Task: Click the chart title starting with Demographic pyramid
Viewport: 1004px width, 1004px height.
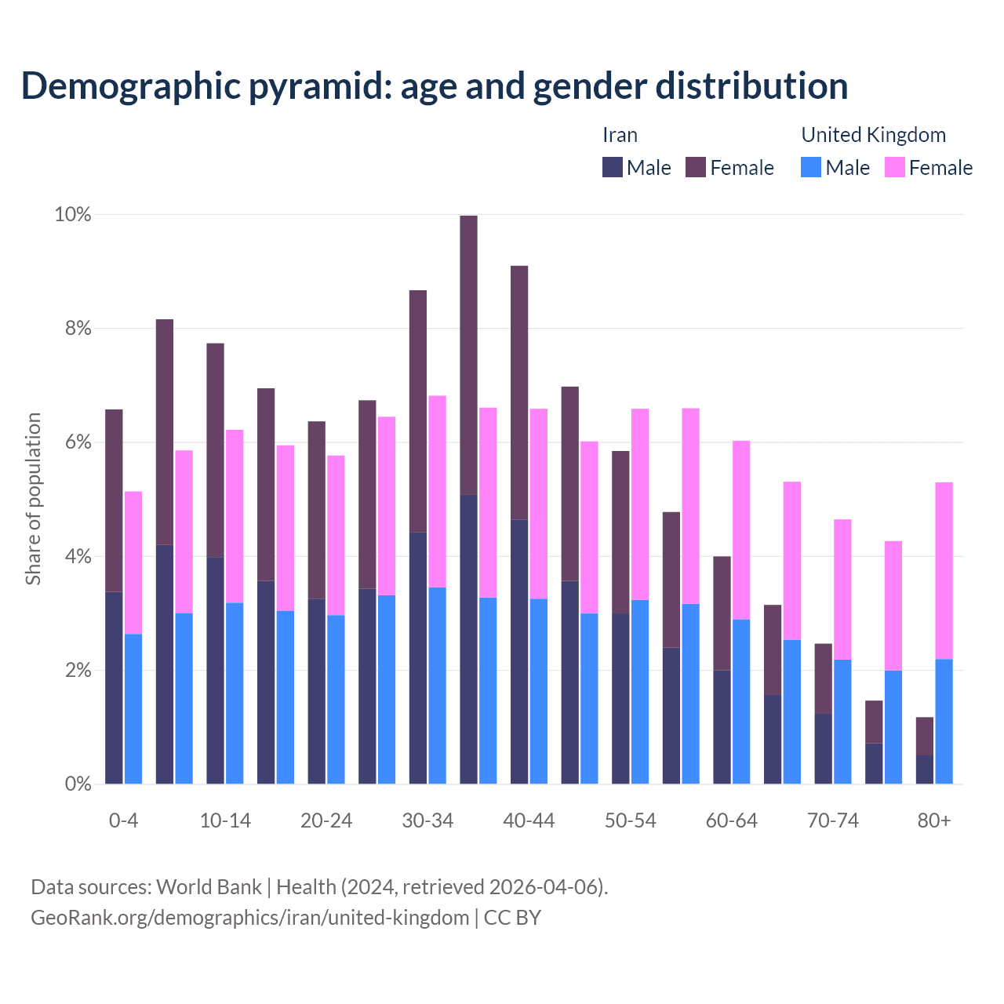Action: [435, 86]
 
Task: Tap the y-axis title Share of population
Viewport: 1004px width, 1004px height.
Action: [33, 499]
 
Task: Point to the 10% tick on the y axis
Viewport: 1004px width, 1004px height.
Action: [72, 215]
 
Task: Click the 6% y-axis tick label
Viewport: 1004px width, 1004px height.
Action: [77, 442]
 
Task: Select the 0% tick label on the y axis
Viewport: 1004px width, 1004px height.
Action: [77, 784]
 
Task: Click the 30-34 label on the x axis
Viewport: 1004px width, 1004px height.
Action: [427, 821]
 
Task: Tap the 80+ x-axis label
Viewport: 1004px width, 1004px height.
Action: [934, 821]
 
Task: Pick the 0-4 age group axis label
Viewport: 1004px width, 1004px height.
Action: [123, 821]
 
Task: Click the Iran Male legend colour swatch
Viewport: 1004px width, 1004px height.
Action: [613, 167]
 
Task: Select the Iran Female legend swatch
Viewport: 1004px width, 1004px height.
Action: [696, 167]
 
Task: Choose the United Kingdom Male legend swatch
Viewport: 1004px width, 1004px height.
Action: [811, 167]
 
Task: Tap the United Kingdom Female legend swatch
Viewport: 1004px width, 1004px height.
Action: [895, 167]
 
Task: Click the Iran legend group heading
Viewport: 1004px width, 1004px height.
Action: [620, 135]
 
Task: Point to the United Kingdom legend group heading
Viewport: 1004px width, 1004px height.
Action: [873, 135]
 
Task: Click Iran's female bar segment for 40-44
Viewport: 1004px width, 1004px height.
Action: [519, 392]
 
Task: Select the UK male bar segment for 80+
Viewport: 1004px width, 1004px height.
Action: [944, 722]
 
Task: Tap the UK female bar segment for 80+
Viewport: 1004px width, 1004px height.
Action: [944, 570]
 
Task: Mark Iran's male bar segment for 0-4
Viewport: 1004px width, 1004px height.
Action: [114, 688]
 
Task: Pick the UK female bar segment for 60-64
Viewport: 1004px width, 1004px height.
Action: [741, 530]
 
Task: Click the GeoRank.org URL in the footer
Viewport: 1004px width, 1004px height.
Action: [249, 918]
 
